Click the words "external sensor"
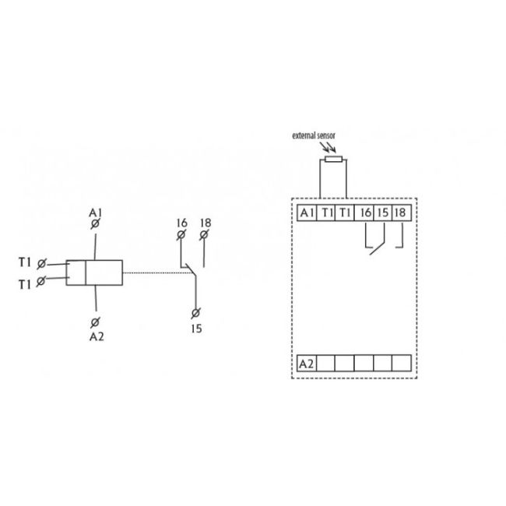click(x=314, y=136)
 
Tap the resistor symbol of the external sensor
click(x=333, y=159)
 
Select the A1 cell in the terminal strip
click(x=307, y=213)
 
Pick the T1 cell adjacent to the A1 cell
click(x=326, y=213)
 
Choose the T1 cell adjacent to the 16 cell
click(x=345, y=213)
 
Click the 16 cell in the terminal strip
click(x=364, y=213)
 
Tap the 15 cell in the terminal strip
click(x=382, y=213)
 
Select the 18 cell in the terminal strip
click(x=402, y=213)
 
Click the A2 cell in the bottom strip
click(x=307, y=364)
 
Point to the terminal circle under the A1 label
click(x=95, y=223)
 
